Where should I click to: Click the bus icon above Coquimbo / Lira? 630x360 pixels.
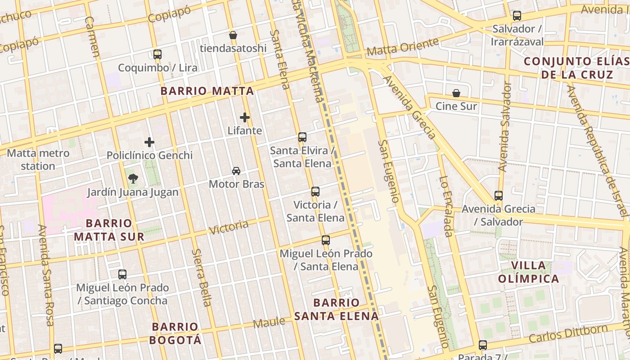157,54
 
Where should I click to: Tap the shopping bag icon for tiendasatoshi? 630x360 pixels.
233,35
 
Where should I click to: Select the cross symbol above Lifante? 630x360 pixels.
245,117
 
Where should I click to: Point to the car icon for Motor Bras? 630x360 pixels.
236,171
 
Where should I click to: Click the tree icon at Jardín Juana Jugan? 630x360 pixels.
133,179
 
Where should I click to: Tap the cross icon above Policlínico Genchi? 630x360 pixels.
149,143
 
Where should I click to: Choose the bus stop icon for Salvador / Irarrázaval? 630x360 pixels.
517,16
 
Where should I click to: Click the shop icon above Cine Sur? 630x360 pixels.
456,93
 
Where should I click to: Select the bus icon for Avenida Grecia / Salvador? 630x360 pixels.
499,196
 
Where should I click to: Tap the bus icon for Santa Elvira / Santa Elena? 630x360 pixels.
302,137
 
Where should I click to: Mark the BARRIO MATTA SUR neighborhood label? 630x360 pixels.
109,229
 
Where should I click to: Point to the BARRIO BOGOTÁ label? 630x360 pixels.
175,333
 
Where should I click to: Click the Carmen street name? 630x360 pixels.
92,37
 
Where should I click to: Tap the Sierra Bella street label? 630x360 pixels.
201,277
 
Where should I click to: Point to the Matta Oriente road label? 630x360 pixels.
403,47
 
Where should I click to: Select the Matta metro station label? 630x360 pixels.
38,159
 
